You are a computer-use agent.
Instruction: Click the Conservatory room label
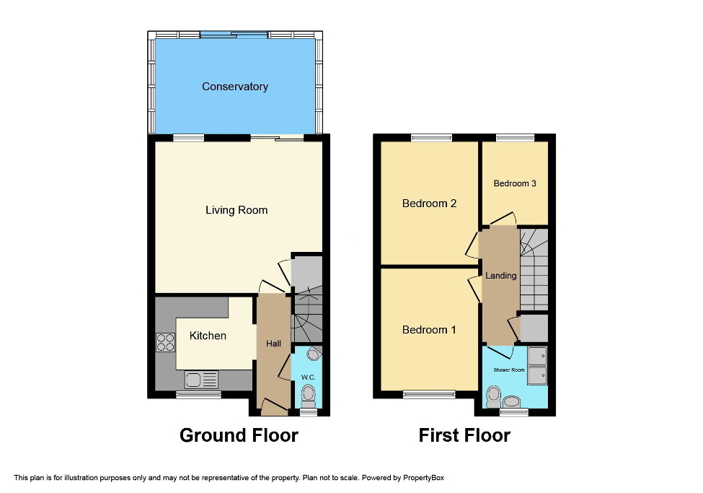[234, 87]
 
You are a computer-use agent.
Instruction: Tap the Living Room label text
[236, 210]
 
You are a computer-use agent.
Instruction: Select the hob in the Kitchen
[165, 341]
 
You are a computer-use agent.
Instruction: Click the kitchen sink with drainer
[201, 379]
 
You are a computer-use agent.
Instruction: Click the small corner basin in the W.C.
[314, 354]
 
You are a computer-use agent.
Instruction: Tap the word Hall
[273, 344]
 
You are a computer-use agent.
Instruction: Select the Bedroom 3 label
[514, 183]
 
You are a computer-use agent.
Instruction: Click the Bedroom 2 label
[429, 204]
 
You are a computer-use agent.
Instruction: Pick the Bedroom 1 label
[429, 330]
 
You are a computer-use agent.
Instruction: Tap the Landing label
[500, 276]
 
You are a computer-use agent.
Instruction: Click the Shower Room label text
[509, 370]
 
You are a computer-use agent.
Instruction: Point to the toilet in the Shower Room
[494, 397]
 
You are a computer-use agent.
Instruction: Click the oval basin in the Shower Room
[513, 401]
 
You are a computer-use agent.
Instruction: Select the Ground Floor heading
[239, 435]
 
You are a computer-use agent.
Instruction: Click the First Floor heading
[464, 435]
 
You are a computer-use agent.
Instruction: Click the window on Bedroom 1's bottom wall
[429, 394]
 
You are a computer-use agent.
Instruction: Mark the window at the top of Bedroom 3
[515, 137]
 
